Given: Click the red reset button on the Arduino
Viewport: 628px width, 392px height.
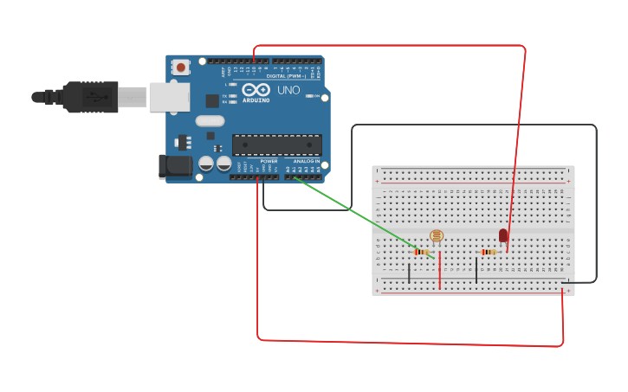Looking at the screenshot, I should point(180,67).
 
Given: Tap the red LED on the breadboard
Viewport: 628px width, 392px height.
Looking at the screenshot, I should point(503,235).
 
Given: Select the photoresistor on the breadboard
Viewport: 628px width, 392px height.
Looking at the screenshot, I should point(437,235).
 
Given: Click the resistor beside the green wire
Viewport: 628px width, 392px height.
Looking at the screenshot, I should point(422,252).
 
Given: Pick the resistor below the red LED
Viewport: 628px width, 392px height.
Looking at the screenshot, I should point(489,252).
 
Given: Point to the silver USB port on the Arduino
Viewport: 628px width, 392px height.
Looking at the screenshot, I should point(169,97).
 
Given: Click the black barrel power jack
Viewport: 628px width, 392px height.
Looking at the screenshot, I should point(176,166).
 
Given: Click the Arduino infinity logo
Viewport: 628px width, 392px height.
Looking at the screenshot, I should point(256,89).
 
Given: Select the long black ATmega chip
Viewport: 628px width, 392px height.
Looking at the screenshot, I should point(276,145).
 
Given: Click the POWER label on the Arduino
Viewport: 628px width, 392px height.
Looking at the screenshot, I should point(269,161).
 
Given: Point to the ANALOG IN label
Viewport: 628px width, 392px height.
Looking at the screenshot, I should point(306,161).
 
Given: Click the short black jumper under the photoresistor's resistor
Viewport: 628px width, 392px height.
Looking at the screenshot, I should point(409,273).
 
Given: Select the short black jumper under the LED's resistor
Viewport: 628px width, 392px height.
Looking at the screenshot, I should point(476,270).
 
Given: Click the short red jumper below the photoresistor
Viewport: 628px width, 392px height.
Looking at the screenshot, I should point(439,270).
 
